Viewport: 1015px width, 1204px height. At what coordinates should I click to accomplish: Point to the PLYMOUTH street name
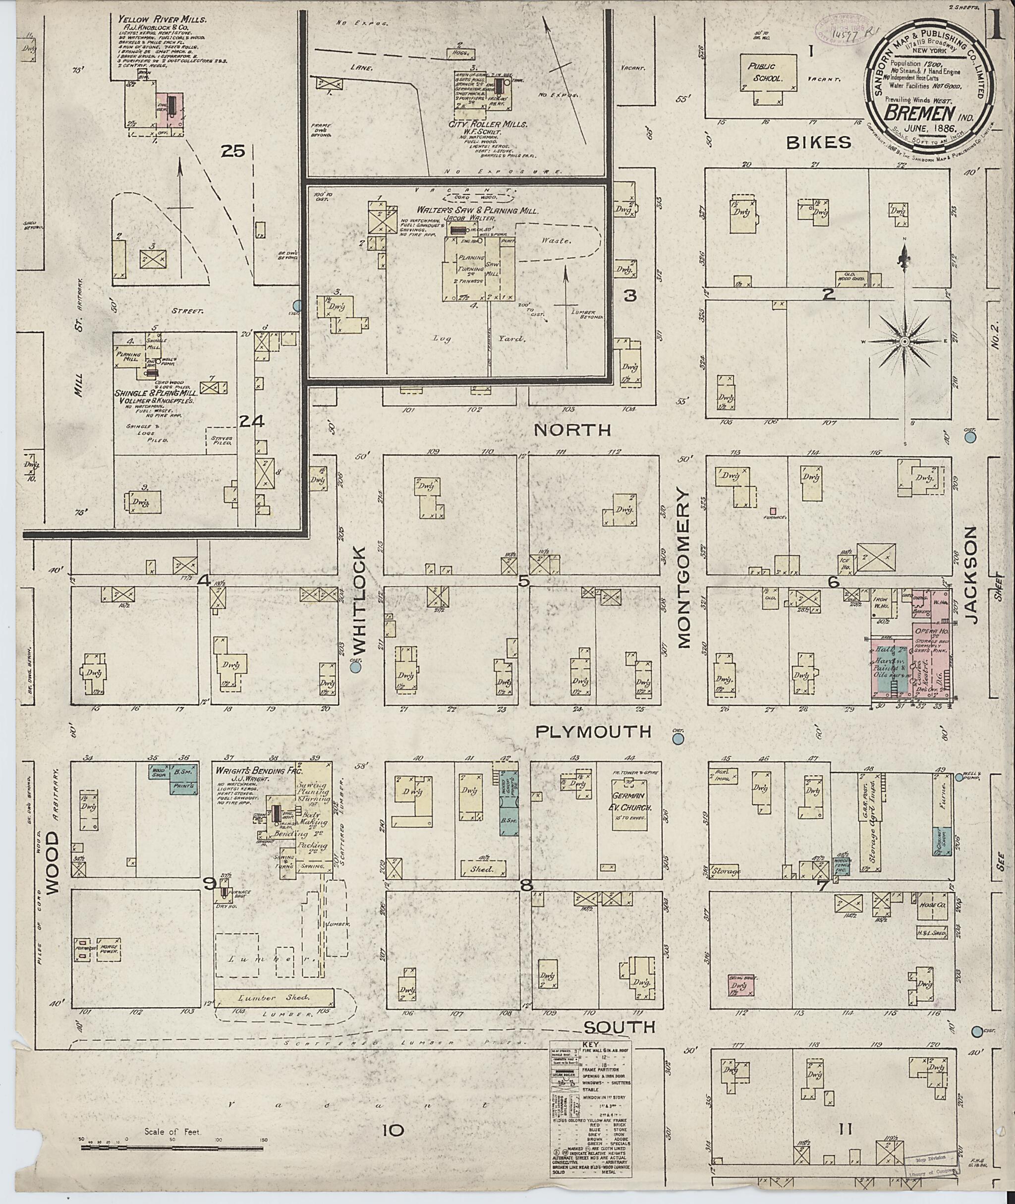593,732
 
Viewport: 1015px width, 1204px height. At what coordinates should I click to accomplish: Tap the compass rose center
904,342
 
